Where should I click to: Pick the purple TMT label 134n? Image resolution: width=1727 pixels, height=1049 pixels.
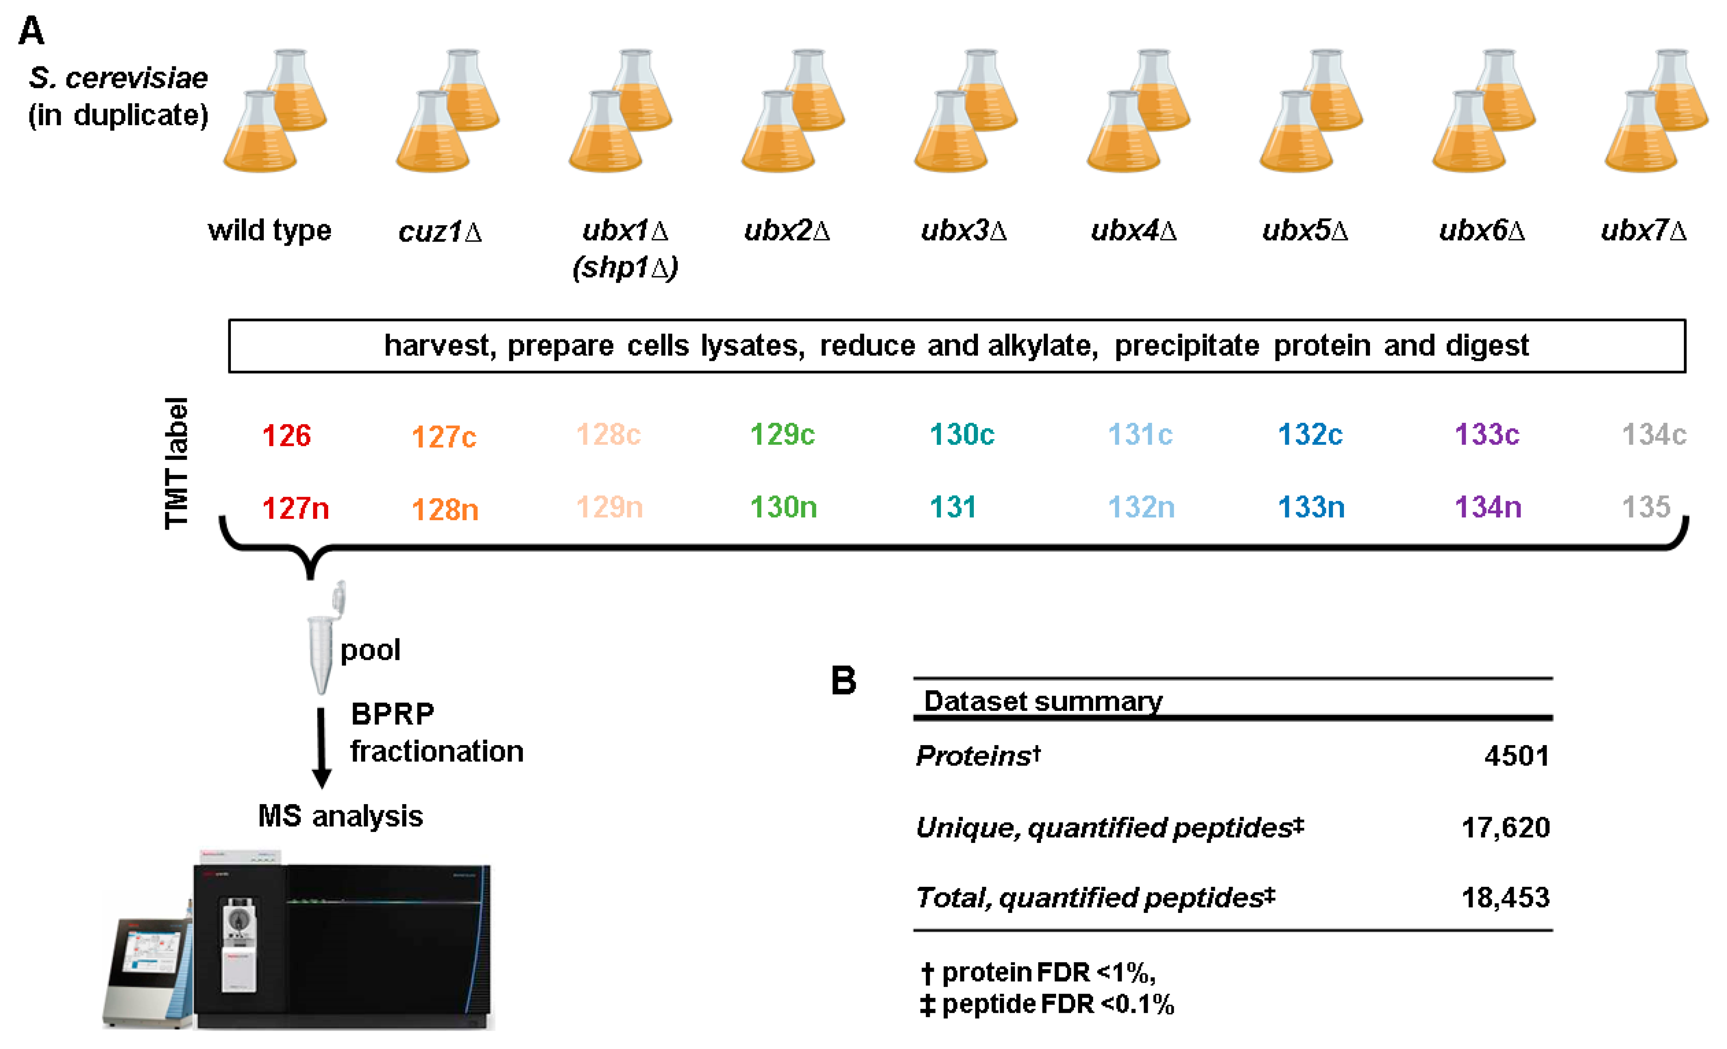coord(1487,507)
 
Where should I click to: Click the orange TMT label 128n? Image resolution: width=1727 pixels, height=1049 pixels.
coord(444,510)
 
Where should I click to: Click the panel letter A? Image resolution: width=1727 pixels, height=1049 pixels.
coord(31,31)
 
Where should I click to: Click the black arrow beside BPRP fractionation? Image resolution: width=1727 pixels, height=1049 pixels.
coord(321,747)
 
